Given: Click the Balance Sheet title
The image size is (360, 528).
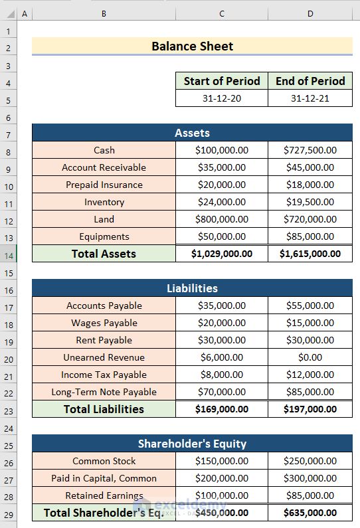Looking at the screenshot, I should tap(192, 46).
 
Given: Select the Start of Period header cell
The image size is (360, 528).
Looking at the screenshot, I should tap(222, 81).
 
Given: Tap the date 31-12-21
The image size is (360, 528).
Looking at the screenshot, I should tap(310, 98).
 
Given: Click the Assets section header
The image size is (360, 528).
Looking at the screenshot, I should tap(192, 133).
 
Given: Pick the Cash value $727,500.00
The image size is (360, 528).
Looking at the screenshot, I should tap(310, 150).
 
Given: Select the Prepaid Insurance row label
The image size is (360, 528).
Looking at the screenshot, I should tap(104, 185).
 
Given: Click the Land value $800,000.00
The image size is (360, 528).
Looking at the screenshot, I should tap(222, 219).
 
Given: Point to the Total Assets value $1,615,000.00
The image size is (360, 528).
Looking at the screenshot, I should tap(310, 254).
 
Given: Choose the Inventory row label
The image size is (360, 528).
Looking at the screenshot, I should tap(104, 202).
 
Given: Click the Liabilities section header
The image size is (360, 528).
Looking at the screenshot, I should tap(192, 288).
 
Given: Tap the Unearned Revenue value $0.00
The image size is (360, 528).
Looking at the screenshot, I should tap(310, 357).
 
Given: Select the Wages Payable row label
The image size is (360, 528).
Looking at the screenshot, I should tap(104, 323).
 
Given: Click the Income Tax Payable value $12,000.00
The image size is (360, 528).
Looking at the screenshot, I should tap(310, 375).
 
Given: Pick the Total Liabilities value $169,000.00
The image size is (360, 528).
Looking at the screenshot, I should tap(222, 409).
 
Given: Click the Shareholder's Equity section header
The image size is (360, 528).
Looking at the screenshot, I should tap(192, 444).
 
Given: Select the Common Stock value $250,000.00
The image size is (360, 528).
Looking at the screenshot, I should tap(310, 461).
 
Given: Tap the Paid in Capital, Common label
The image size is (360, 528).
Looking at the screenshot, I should tap(104, 478).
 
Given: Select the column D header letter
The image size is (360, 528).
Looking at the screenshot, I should tap(310, 13).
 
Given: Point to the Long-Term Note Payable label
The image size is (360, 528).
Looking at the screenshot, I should tap(104, 392).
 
